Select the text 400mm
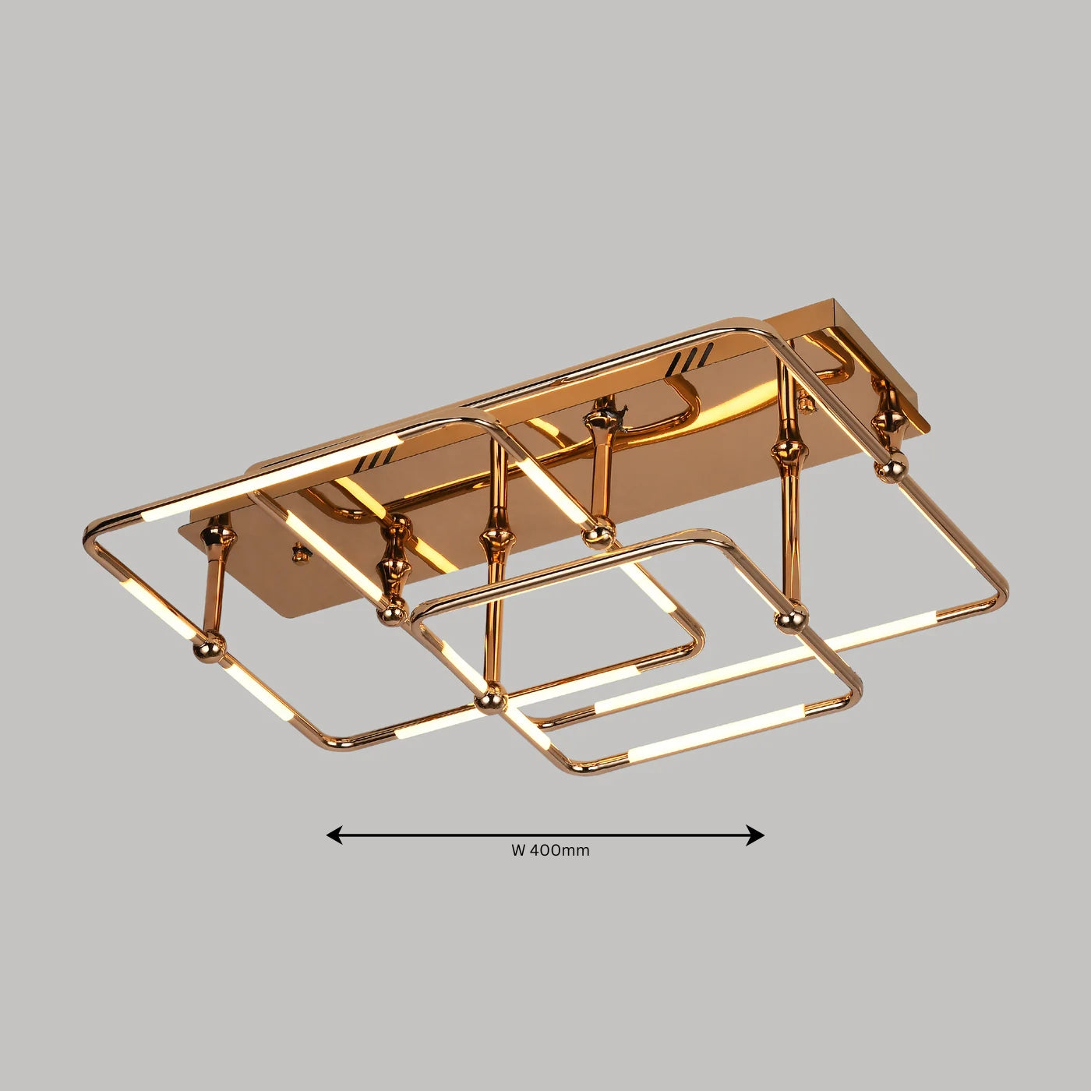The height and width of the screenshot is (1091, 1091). point(560,850)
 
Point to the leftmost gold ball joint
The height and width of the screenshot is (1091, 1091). point(210,645)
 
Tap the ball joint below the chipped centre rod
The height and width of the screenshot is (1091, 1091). point(599,535)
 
